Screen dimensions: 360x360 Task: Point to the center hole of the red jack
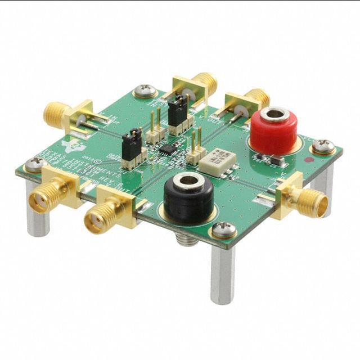(275, 115)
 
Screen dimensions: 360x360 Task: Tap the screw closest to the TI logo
(35, 164)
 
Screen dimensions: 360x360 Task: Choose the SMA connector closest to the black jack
(101, 217)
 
